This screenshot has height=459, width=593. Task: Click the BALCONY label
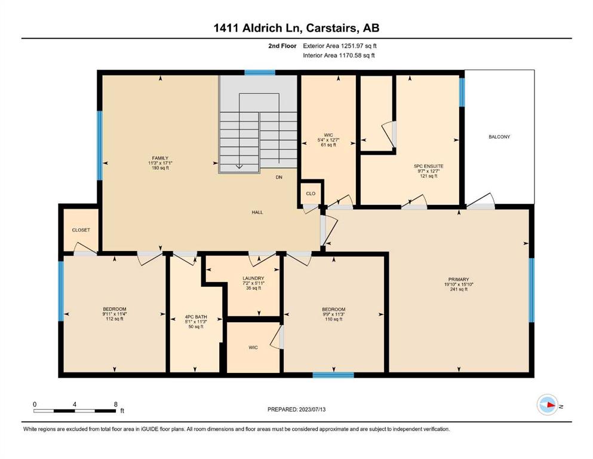[499, 137]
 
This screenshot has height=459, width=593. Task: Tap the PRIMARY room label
[459, 280]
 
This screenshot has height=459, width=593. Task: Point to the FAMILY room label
[160, 158]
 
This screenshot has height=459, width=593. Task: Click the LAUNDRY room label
[253, 278]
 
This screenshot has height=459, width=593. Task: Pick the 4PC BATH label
[196, 317]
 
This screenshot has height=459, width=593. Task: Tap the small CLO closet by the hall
[311, 194]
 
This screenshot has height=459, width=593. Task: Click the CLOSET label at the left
[81, 230]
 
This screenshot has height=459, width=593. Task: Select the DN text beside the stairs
[279, 177]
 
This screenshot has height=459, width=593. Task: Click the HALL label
[257, 212]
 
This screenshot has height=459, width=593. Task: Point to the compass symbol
[548, 405]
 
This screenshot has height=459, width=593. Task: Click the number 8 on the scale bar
[116, 404]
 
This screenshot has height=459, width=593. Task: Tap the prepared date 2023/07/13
[312, 409]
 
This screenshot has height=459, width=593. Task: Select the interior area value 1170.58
[351, 55]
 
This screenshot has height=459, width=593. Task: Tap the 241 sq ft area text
[459, 289]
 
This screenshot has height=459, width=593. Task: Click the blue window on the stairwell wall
[259, 73]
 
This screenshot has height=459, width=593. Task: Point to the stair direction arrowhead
[239, 166]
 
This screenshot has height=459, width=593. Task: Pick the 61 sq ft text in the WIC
[328, 145]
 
